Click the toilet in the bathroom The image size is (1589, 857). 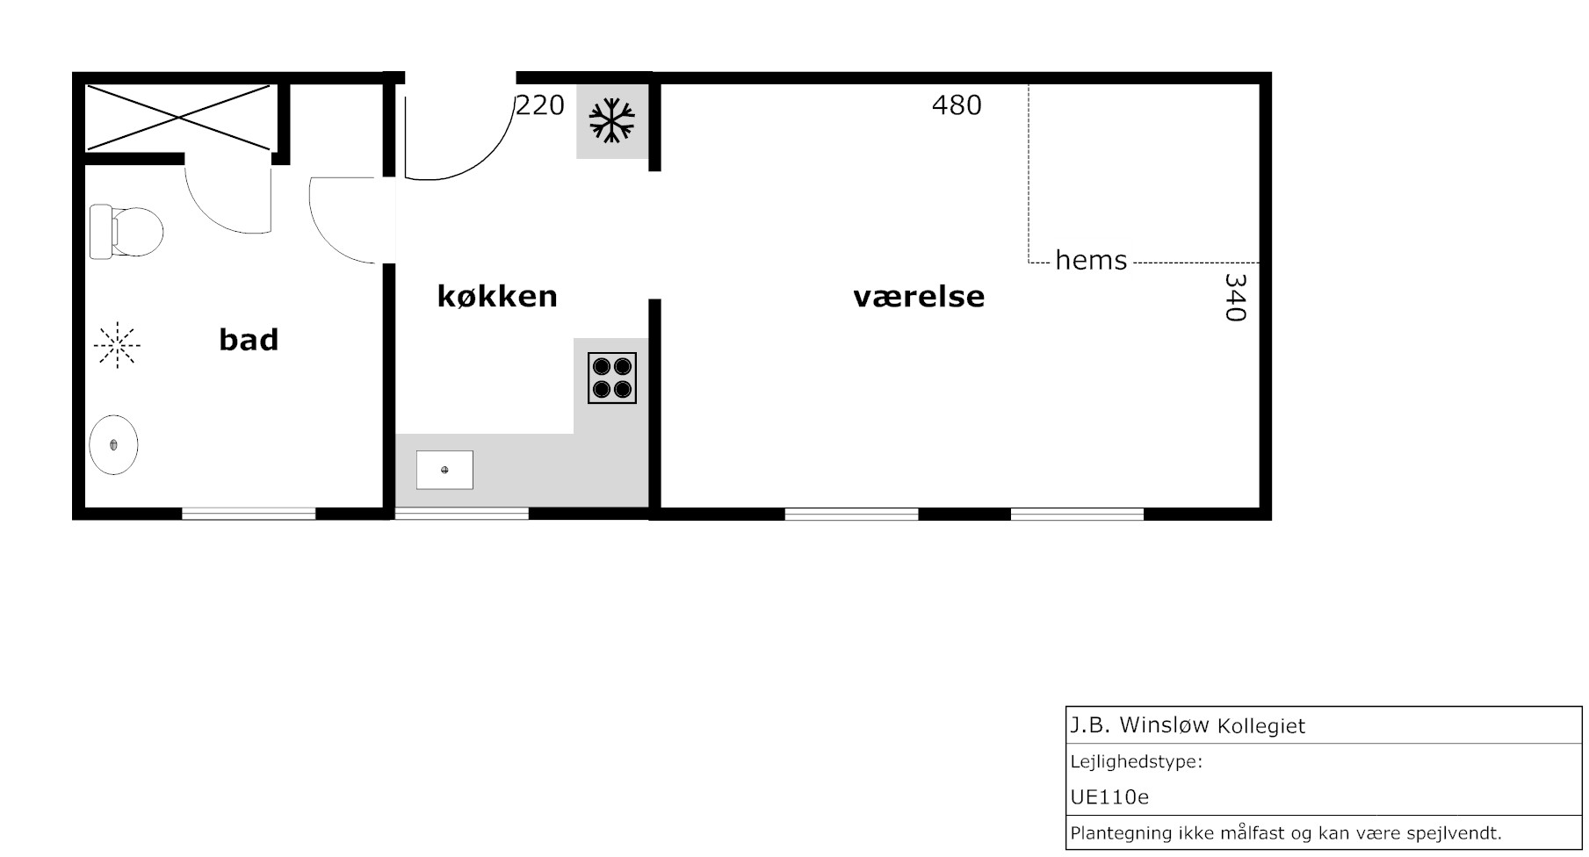[x=126, y=232]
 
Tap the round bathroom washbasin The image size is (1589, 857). [x=114, y=445]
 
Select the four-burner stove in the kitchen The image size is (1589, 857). [x=612, y=378]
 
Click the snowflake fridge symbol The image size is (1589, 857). [x=611, y=120]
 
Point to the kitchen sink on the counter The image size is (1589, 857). [x=444, y=470]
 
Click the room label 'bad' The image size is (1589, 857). [x=249, y=340]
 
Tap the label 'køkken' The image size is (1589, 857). [x=497, y=296]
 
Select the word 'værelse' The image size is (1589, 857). [x=919, y=297]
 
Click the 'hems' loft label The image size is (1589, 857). [x=1091, y=260]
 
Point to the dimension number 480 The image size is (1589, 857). [x=957, y=105]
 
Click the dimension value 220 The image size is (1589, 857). [x=540, y=105]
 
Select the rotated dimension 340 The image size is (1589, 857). [x=1235, y=298]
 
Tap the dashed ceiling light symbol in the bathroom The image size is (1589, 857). [x=117, y=345]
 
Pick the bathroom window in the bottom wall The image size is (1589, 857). [x=249, y=514]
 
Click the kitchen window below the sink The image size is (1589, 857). [x=462, y=514]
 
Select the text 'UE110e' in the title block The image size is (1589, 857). [x=1109, y=797]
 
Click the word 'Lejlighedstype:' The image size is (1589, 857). [x=1136, y=761]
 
